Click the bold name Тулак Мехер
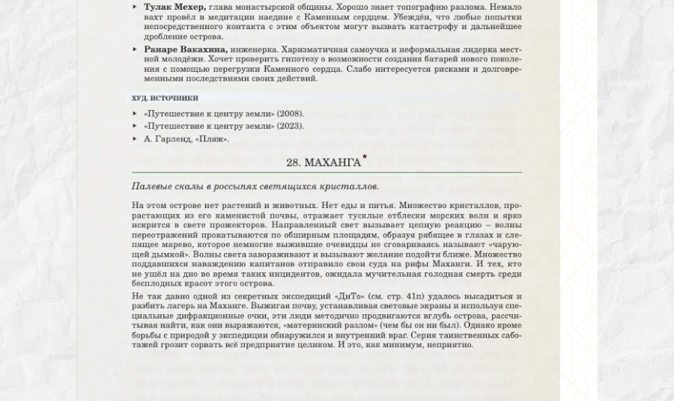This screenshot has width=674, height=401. tap(174, 7)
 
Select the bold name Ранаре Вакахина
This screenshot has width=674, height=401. tap(185, 49)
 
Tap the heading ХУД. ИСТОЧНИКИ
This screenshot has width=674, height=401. tap(165, 98)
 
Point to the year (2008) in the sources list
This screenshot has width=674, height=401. tap(290, 114)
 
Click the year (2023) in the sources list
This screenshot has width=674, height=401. tap(290, 126)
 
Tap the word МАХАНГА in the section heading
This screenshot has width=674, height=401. tap(333, 163)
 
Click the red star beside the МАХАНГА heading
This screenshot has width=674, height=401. tap(365, 157)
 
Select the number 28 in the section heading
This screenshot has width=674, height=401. tap(293, 163)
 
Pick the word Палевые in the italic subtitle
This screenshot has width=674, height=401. tap(152, 186)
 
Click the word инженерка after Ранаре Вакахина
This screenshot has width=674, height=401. tap(253, 49)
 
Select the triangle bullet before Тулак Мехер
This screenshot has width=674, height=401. tap(135, 7)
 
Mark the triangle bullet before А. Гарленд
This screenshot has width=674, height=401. tap(135, 138)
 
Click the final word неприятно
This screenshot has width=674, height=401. tap(449, 345)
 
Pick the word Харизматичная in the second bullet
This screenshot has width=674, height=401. tap(312, 49)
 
